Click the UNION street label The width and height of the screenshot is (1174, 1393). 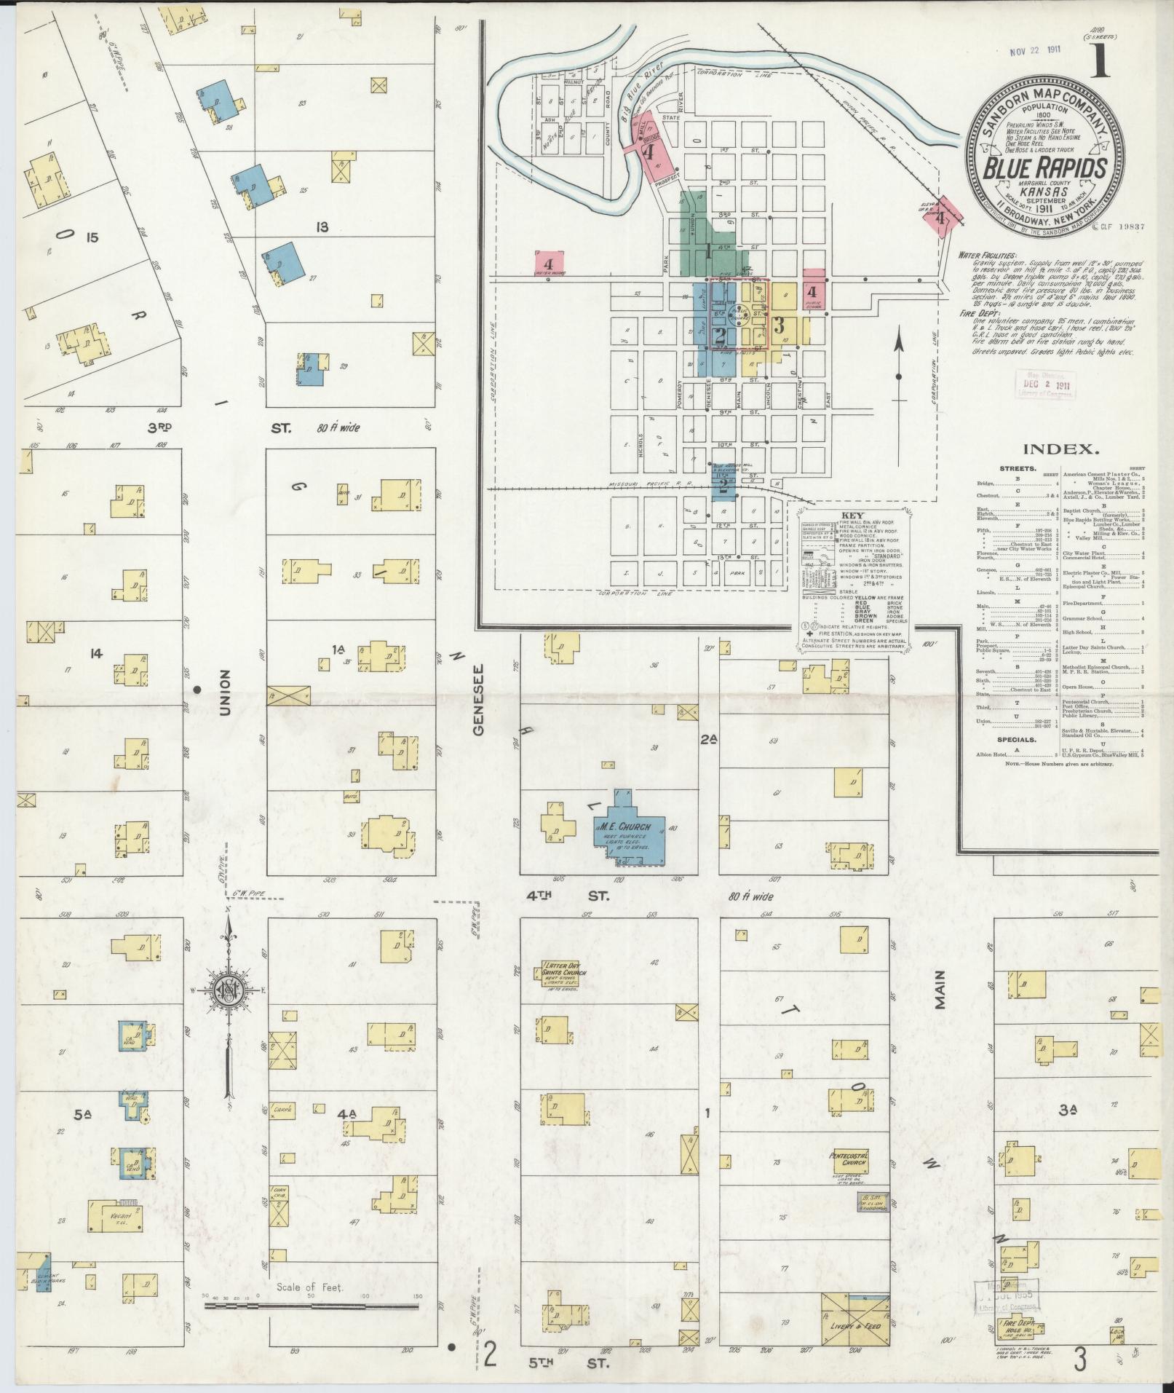223,692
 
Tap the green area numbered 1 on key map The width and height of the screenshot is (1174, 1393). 707,251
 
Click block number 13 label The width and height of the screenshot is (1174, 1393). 321,227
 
